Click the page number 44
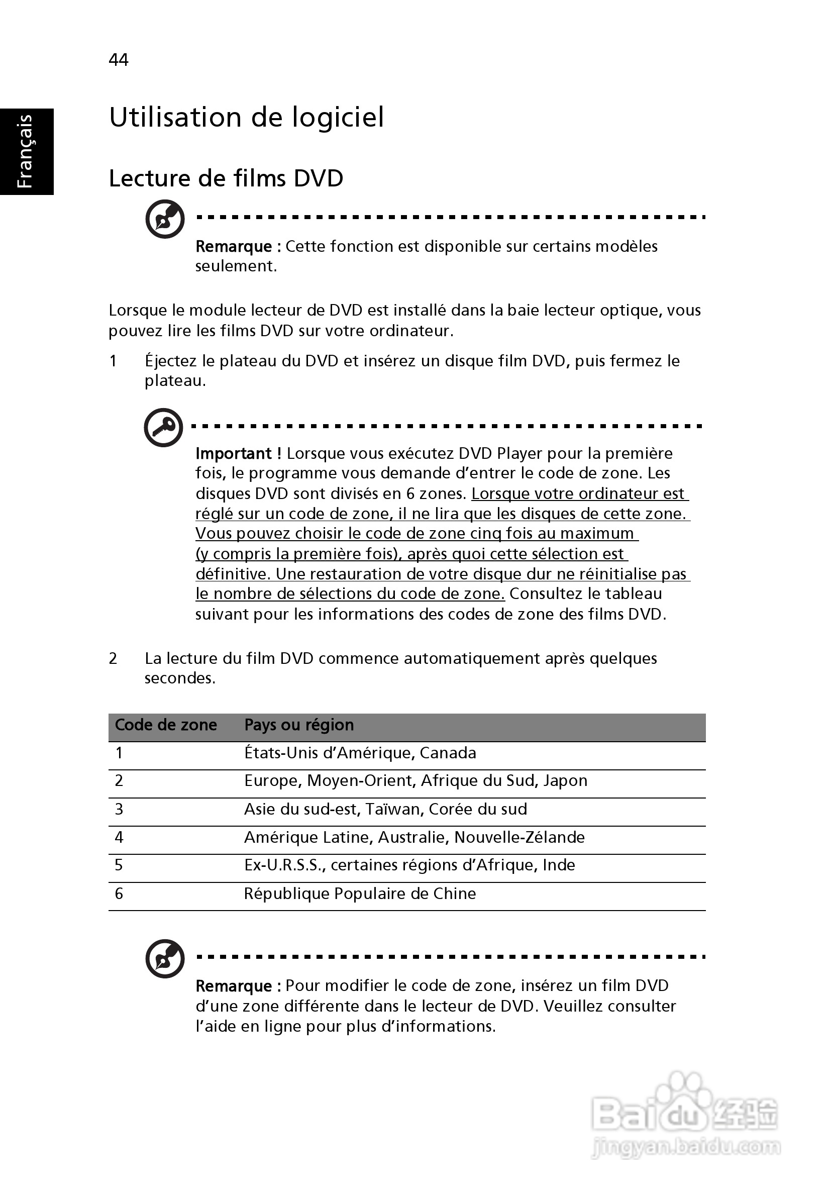tap(119, 60)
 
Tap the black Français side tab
tap(27, 151)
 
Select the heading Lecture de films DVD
tap(226, 178)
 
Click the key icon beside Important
tap(163, 428)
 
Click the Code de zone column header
tap(165, 725)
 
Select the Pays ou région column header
tap(299, 725)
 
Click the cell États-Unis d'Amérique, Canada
tap(360, 753)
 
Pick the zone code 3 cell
tap(119, 809)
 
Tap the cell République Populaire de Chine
tap(360, 893)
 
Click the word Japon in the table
tap(565, 780)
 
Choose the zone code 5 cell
tap(119, 865)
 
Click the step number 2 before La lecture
tap(113, 659)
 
